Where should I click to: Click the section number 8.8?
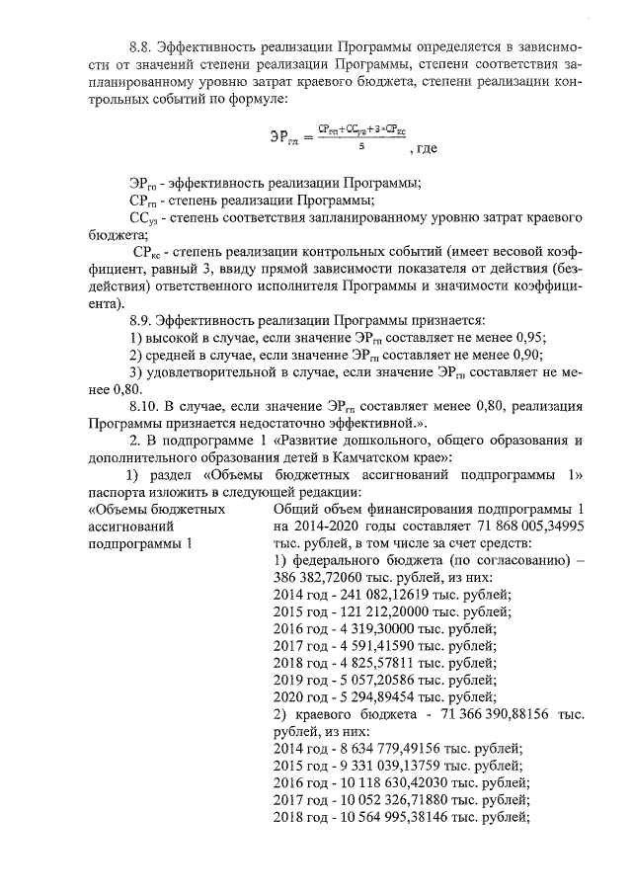tap(144, 46)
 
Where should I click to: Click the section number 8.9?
tap(144, 320)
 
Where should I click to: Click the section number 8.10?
tap(148, 405)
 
